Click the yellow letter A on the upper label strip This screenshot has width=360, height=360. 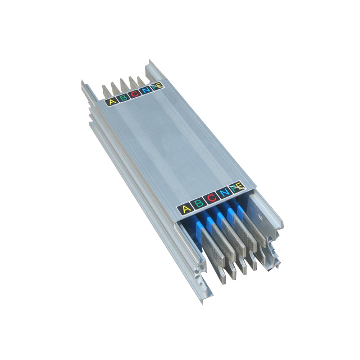click(112, 102)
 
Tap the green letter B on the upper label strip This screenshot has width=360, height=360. click(124, 98)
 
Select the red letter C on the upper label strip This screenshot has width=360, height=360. click(135, 93)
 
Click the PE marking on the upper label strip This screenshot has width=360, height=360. click(158, 86)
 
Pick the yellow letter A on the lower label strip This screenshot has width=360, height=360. click(186, 209)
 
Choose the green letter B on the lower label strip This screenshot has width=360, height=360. click(199, 203)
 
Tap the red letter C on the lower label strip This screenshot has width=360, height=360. click(212, 197)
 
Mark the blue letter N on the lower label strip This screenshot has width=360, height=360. click(224, 192)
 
